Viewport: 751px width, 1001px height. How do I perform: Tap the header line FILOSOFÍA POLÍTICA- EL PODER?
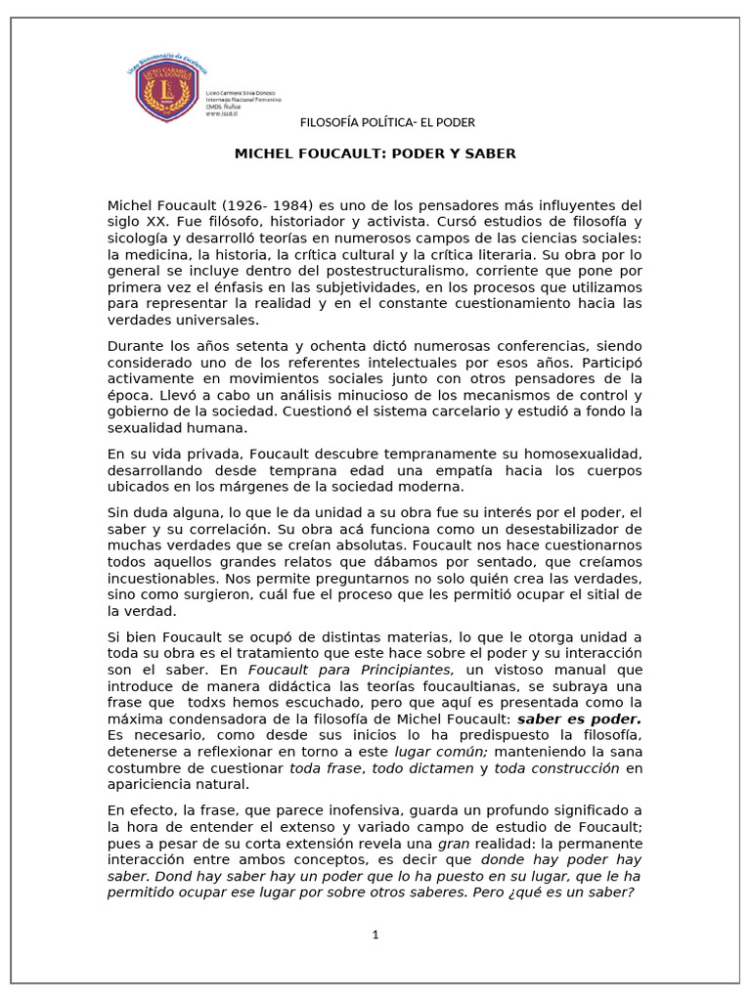pyautogui.click(x=387, y=122)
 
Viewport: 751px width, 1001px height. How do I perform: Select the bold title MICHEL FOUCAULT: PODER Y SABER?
pyautogui.click(x=375, y=153)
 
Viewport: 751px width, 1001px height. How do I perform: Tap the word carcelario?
pyautogui.click(x=446, y=411)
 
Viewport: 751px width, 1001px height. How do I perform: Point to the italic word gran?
pyautogui.click(x=454, y=842)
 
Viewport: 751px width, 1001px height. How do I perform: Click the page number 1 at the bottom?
pyautogui.click(x=375, y=935)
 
